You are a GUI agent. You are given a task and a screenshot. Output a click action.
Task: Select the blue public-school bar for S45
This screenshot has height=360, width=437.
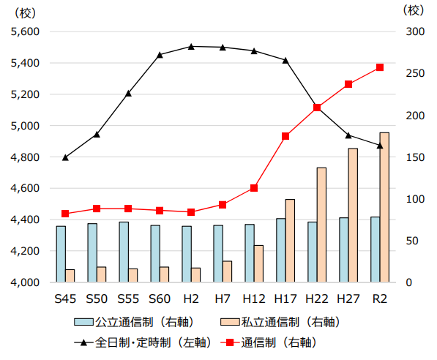pyautogui.click(x=61, y=254)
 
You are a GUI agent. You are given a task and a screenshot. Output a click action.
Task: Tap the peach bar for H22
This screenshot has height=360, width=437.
pyautogui.click(x=321, y=225)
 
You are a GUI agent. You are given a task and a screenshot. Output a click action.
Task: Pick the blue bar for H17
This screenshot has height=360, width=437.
pyautogui.click(x=281, y=250)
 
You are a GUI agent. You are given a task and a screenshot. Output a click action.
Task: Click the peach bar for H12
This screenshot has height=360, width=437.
pyautogui.click(x=258, y=263)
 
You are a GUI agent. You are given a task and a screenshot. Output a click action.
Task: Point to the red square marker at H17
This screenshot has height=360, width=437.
pyautogui.click(x=285, y=136)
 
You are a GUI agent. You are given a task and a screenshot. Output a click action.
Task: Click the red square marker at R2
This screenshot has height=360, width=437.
pyautogui.click(x=379, y=67)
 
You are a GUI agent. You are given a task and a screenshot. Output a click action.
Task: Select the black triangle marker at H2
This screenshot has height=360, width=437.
pyautogui.click(x=191, y=46)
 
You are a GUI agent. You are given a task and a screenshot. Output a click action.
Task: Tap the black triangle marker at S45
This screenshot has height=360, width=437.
pyautogui.click(x=65, y=157)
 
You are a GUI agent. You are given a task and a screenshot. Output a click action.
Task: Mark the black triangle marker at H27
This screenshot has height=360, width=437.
pyautogui.click(x=348, y=135)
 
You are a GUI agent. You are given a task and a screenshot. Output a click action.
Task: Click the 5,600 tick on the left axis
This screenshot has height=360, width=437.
pyautogui.click(x=26, y=32)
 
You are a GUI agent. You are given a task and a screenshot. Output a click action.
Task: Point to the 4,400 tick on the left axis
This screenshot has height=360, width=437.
pyautogui.click(x=26, y=220)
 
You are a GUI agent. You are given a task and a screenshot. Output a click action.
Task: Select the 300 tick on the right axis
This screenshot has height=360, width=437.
pyautogui.click(x=414, y=32)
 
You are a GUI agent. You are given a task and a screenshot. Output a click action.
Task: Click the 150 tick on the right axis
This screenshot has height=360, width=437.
pyautogui.click(x=414, y=157)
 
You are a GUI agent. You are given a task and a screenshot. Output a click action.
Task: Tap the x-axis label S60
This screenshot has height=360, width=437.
pyautogui.click(x=160, y=299)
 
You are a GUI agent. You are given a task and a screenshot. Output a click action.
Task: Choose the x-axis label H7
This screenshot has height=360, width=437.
pyautogui.click(x=223, y=299)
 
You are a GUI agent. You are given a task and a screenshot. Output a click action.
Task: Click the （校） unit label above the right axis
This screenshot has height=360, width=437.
pyautogui.click(x=414, y=10)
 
